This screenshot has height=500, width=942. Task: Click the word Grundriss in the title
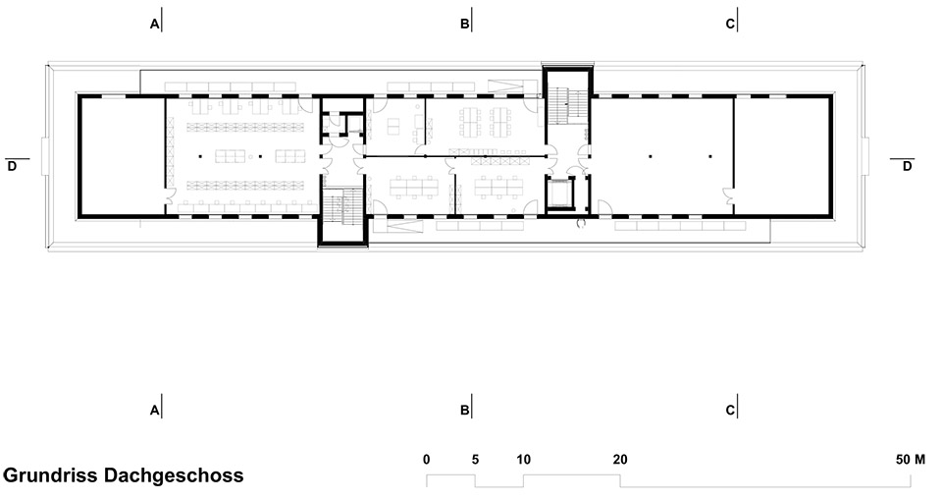[45, 476]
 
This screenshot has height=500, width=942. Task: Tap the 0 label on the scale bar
[426, 460]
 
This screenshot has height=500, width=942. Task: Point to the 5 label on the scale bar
[475, 460]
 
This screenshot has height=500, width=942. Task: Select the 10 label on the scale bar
[523, 460]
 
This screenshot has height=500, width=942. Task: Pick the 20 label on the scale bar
[619, 460]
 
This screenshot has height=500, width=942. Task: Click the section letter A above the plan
[153, 25]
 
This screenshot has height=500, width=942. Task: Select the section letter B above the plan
[464, 25]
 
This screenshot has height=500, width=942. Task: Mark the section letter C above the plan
[729, 25]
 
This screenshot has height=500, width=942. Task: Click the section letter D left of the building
[12, 166]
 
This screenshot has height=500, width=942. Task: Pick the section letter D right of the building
[908, 166]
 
